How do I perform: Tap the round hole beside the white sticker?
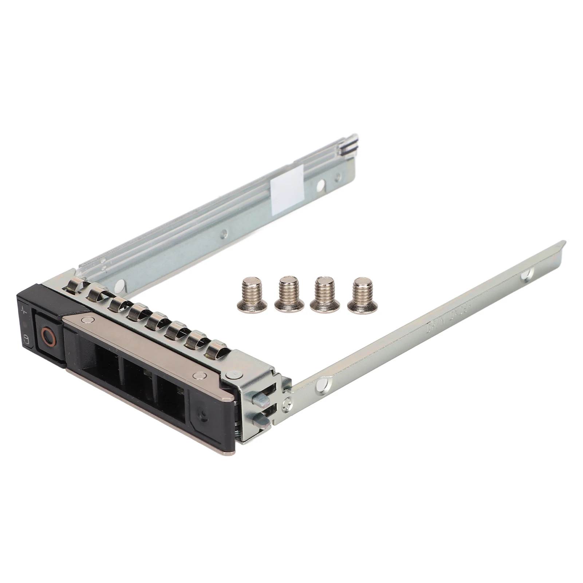tap(320, 185)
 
